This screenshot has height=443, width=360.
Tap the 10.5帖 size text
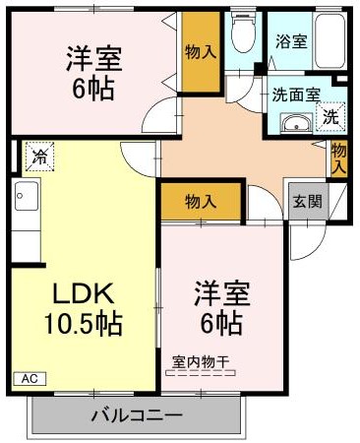(83, 324)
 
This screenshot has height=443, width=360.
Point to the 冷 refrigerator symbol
(40, 156)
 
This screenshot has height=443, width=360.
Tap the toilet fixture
(239, 33)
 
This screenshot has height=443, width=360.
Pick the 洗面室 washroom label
(295, 95)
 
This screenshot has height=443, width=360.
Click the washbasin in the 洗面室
(293, 123)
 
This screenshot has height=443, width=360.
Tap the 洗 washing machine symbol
(331, 117)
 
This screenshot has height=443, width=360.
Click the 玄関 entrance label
(307, 202)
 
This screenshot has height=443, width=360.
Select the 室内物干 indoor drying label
(201, 361)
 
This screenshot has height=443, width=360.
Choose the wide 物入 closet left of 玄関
(201, 202)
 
